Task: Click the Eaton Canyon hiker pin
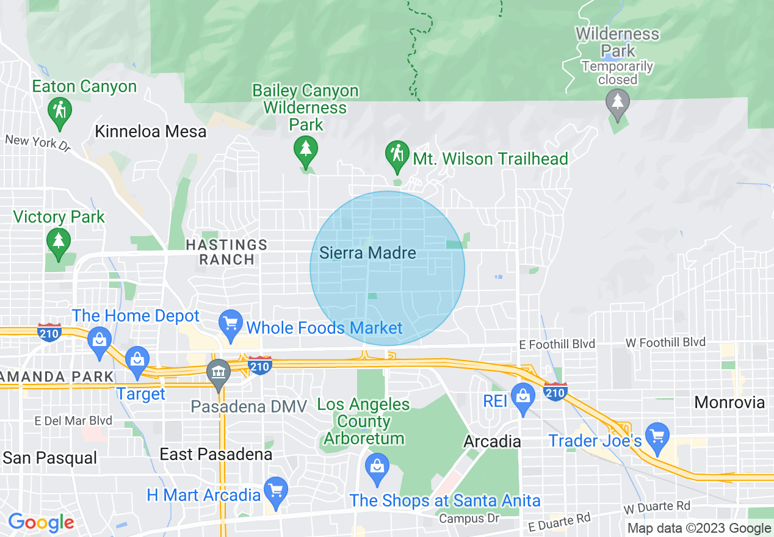click(x=59, y=112)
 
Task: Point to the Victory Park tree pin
click(x=58, y=242)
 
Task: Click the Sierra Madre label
click(x=367, y=253)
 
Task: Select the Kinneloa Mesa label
click(x=151, y=131)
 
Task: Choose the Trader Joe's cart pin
click(x=657, y=437)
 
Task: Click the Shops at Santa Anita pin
click(x=377, y=467)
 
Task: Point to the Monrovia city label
click(x=729, y=402)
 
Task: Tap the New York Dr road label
click(x=38, y=143)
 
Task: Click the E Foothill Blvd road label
click(x=557, y=344)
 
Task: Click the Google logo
click(x=41, y=522)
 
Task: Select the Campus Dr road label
click(x=469, y=519)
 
